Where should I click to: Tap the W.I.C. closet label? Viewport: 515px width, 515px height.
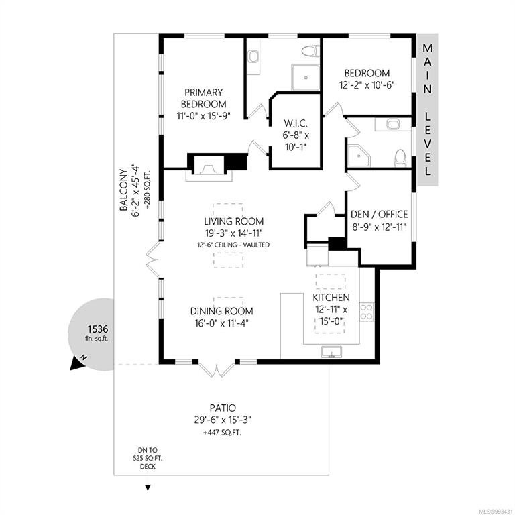tap(296, 123)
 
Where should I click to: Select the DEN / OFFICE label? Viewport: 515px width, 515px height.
tap(380, 214)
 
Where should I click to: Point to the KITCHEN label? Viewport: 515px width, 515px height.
tap(331, 298)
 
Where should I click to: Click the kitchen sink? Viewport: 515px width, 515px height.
tap(331, 352)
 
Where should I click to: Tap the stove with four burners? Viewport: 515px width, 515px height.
tap(367, 312)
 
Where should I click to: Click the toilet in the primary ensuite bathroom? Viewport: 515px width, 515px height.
tap(310, 52)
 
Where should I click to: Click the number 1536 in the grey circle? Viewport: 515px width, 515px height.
tap(97, 329)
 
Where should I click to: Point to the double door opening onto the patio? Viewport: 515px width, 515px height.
tap(217, 369)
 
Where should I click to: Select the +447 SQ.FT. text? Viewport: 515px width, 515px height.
tap(223, 433)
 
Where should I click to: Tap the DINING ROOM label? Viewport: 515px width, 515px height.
tap(222, 311)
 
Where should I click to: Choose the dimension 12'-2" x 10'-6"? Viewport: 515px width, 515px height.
tap(367, 85)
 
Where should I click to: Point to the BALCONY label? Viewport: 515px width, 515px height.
tap(123, 190)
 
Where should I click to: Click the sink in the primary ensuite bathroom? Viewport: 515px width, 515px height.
tap(253, 56)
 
